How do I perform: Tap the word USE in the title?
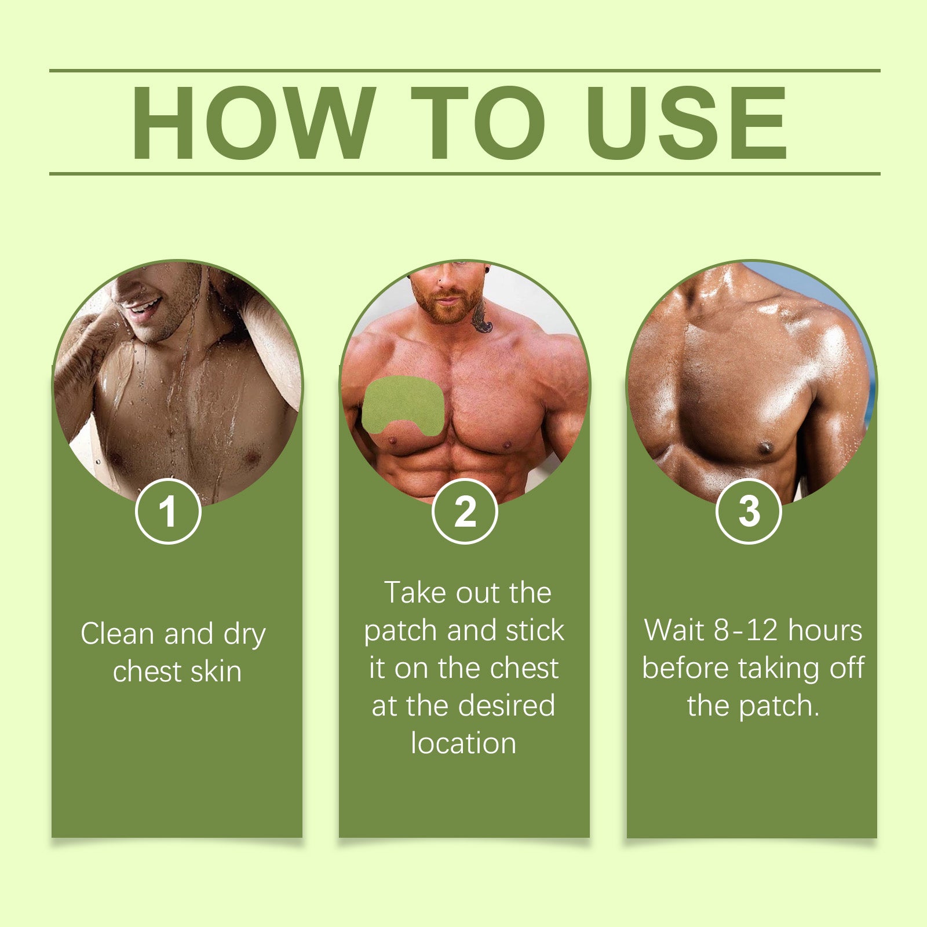coord(687,123)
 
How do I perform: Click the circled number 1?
coord(168,511)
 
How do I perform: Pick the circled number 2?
coord(465,511)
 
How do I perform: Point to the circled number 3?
coord(749,511)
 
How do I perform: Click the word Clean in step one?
coord(118,633)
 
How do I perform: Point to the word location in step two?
coord(463,743)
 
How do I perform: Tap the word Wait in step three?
coord(675,630)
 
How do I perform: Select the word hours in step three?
coord(825,630)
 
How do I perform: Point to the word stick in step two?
coord(535,630)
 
